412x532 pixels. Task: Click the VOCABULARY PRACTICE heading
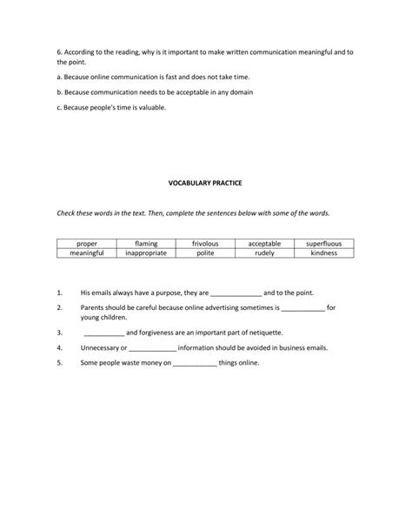click(x=205, y=183)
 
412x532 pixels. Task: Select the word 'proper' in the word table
click(x=87, y=244)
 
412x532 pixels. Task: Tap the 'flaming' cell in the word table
click(x=146, y=244)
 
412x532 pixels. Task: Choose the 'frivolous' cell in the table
click(x=205, y=244)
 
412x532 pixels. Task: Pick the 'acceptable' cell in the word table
click(x=264, y=244)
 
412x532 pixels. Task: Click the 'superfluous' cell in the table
click(x=324, y=244)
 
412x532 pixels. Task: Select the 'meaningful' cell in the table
click(x=87, y=253)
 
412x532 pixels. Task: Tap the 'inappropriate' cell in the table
click(x=146, y=253)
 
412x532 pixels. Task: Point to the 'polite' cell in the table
click(x=205, y=253)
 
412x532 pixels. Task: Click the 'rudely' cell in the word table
click(x=264, y=253)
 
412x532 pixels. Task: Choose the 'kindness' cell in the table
click(x=324, y=253)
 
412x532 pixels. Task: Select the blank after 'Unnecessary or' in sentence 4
click(x=152, y=347)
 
